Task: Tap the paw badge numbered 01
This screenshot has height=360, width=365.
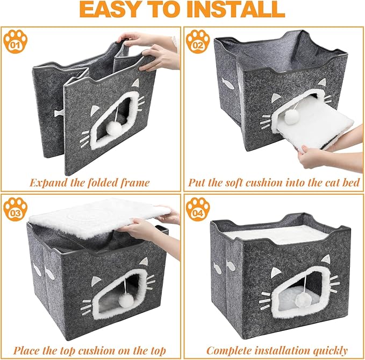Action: (15, 42)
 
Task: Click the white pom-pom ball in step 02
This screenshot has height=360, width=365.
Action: (293, 118)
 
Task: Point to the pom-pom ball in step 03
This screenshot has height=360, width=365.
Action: (125, 300)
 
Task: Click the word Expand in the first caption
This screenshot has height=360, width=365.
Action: (50, 182)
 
